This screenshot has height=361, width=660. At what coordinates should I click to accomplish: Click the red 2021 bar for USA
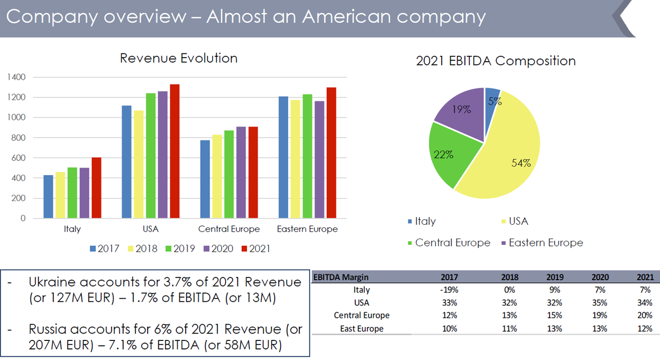click(x=175, y=151)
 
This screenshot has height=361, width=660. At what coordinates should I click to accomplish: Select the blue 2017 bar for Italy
click(x=48, y=196)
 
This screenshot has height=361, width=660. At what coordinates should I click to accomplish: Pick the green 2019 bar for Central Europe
click(x=229, y=174)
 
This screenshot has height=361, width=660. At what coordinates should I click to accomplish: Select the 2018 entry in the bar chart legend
click(x=142, y=249)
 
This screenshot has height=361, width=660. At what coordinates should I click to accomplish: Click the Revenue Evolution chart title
click(x=179, y=58)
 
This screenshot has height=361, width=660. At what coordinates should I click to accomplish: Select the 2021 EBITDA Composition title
click(x=496, y=61)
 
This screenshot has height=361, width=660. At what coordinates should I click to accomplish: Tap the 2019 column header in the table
click(x=555, y=277)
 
